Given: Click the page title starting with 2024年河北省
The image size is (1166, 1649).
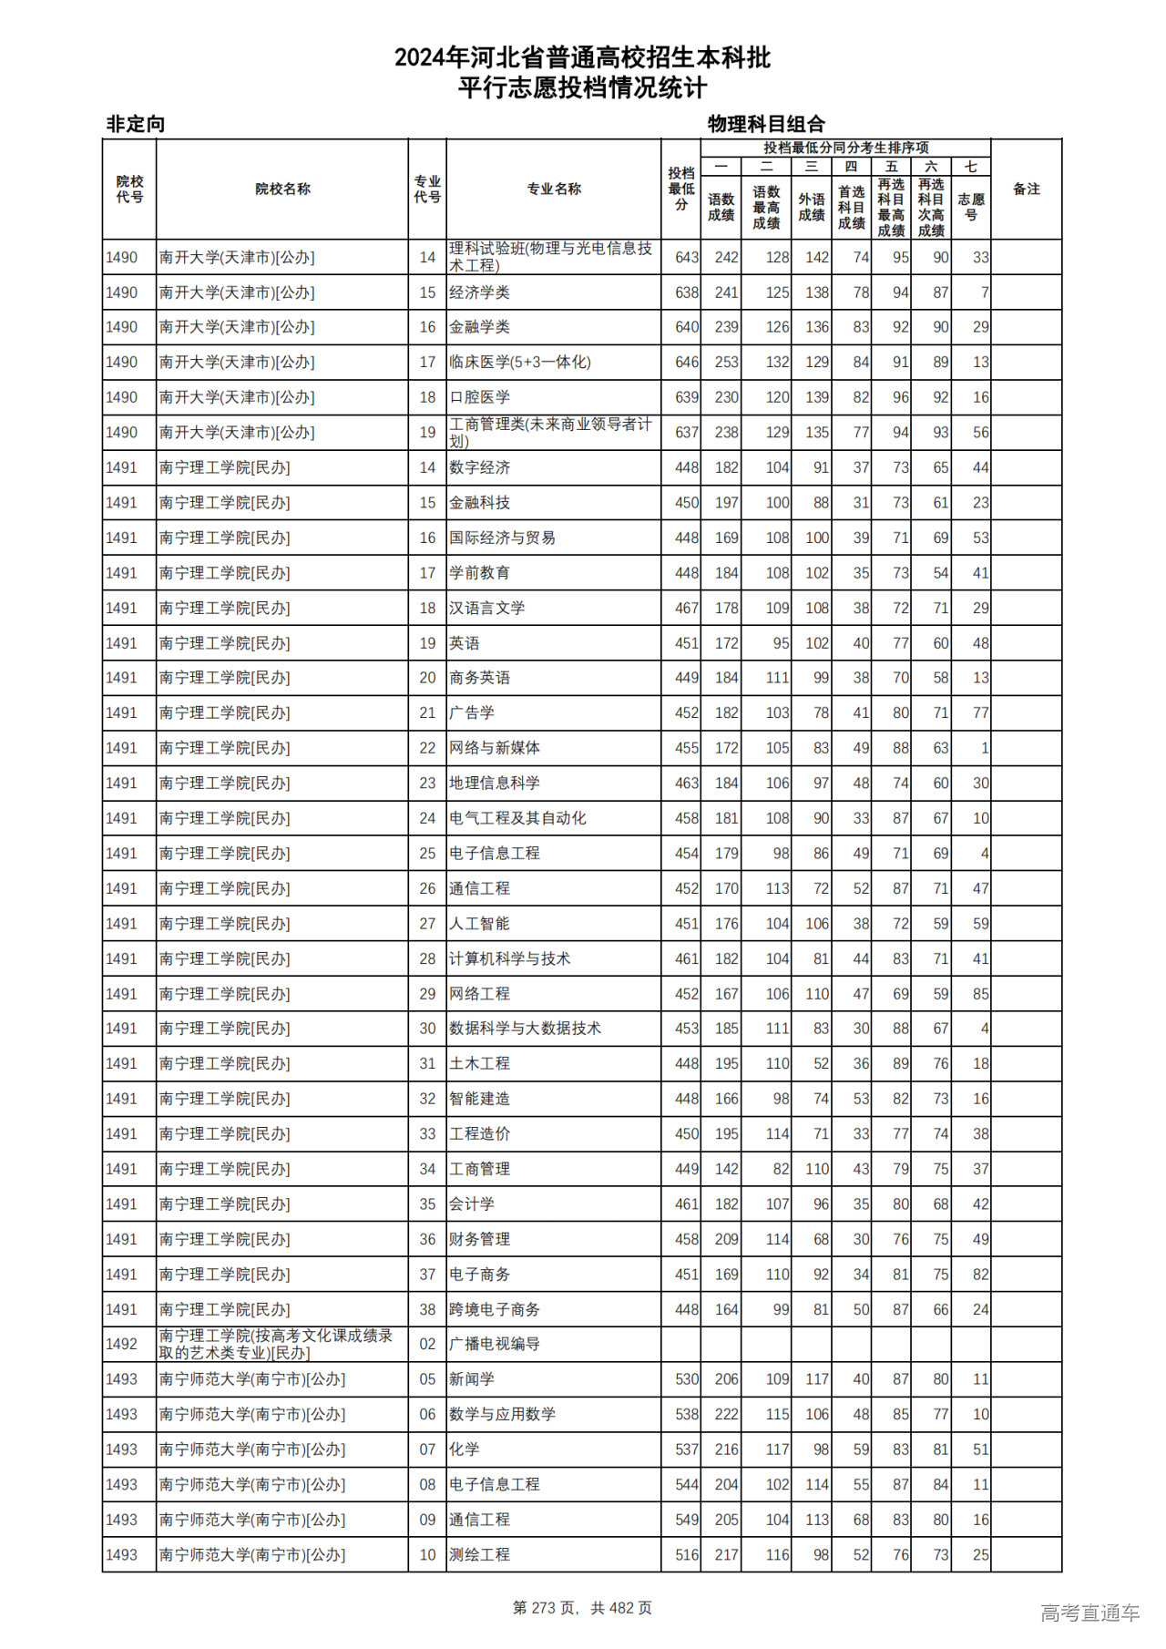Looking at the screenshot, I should pyautogui.click(x=582, y=58).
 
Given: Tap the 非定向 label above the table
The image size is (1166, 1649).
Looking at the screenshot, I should pyautogui.click(x=136, y=124).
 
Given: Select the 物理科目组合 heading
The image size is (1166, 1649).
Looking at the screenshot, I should pyautogui.click(x=766, y=124).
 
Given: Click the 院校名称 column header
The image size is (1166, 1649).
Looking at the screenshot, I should pyautogui.click(x=282, y=189).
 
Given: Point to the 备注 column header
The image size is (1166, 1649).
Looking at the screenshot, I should pyautogui.click(x=1026, y=189).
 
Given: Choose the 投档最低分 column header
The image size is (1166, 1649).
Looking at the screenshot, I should pyautogui.click(x=680, y=189).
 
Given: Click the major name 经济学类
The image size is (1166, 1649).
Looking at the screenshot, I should pyautogui.click(x=479, y=292).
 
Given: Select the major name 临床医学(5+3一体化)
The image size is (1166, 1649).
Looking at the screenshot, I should pyautogui.click(x=519, y=362).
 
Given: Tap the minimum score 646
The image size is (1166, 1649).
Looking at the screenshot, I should pyautogui.click(x=687, y=362).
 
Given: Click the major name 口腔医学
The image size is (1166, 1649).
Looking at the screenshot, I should pyautogui.click(x=479, y=397).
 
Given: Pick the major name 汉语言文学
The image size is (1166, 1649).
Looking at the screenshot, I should pyautogui.click(x=486, y=608).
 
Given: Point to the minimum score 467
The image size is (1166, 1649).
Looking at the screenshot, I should pyautogui.click(x=687, y=608).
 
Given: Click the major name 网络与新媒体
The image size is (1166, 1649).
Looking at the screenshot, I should pyautogui.click(x=494, y=748).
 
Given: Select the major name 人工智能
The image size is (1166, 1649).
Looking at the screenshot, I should pyautogui.click(x=479, y=924).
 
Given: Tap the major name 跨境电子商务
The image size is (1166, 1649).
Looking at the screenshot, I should pyautogui.click(x=494, y=1309).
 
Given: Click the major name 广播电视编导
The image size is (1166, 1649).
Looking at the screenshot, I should pyautogui.click(x=494, y=1344).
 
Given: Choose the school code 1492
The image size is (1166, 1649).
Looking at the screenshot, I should pyautogui.click(x=121, y=1344).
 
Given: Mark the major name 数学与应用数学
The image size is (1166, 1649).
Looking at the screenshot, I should pyautogui.click(x=502, y=1414).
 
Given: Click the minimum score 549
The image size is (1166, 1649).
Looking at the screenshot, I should pyautogui.click(x=687, y=1520).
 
